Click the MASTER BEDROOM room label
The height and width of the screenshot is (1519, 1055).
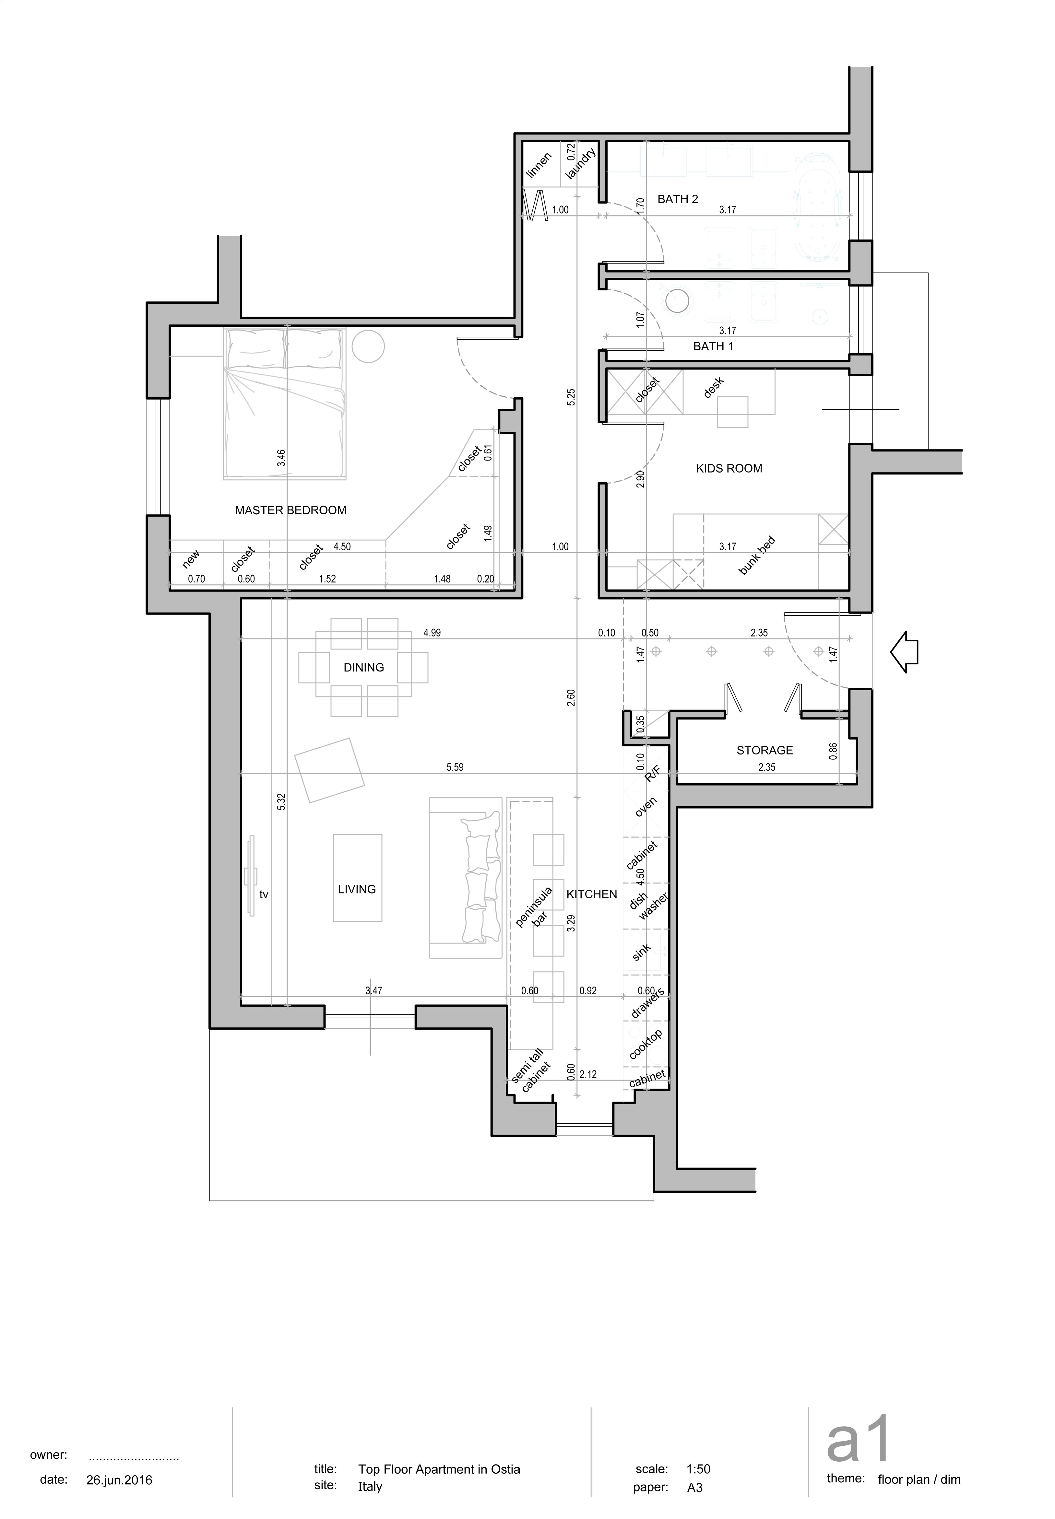pyautogui.click(x=291, y=510)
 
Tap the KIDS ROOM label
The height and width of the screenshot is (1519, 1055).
pyautogui.click(x=729, y=468)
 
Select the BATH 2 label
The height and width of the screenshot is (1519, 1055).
pyautogui.click(x=678, y=199)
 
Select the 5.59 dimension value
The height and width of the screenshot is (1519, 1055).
pyautogui.click(x=455, y=767)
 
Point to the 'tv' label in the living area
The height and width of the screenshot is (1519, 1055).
pyautogui.click(x=264, y=894)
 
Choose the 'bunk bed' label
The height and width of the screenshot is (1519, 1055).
pyautogui.click(x=757, y=556)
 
